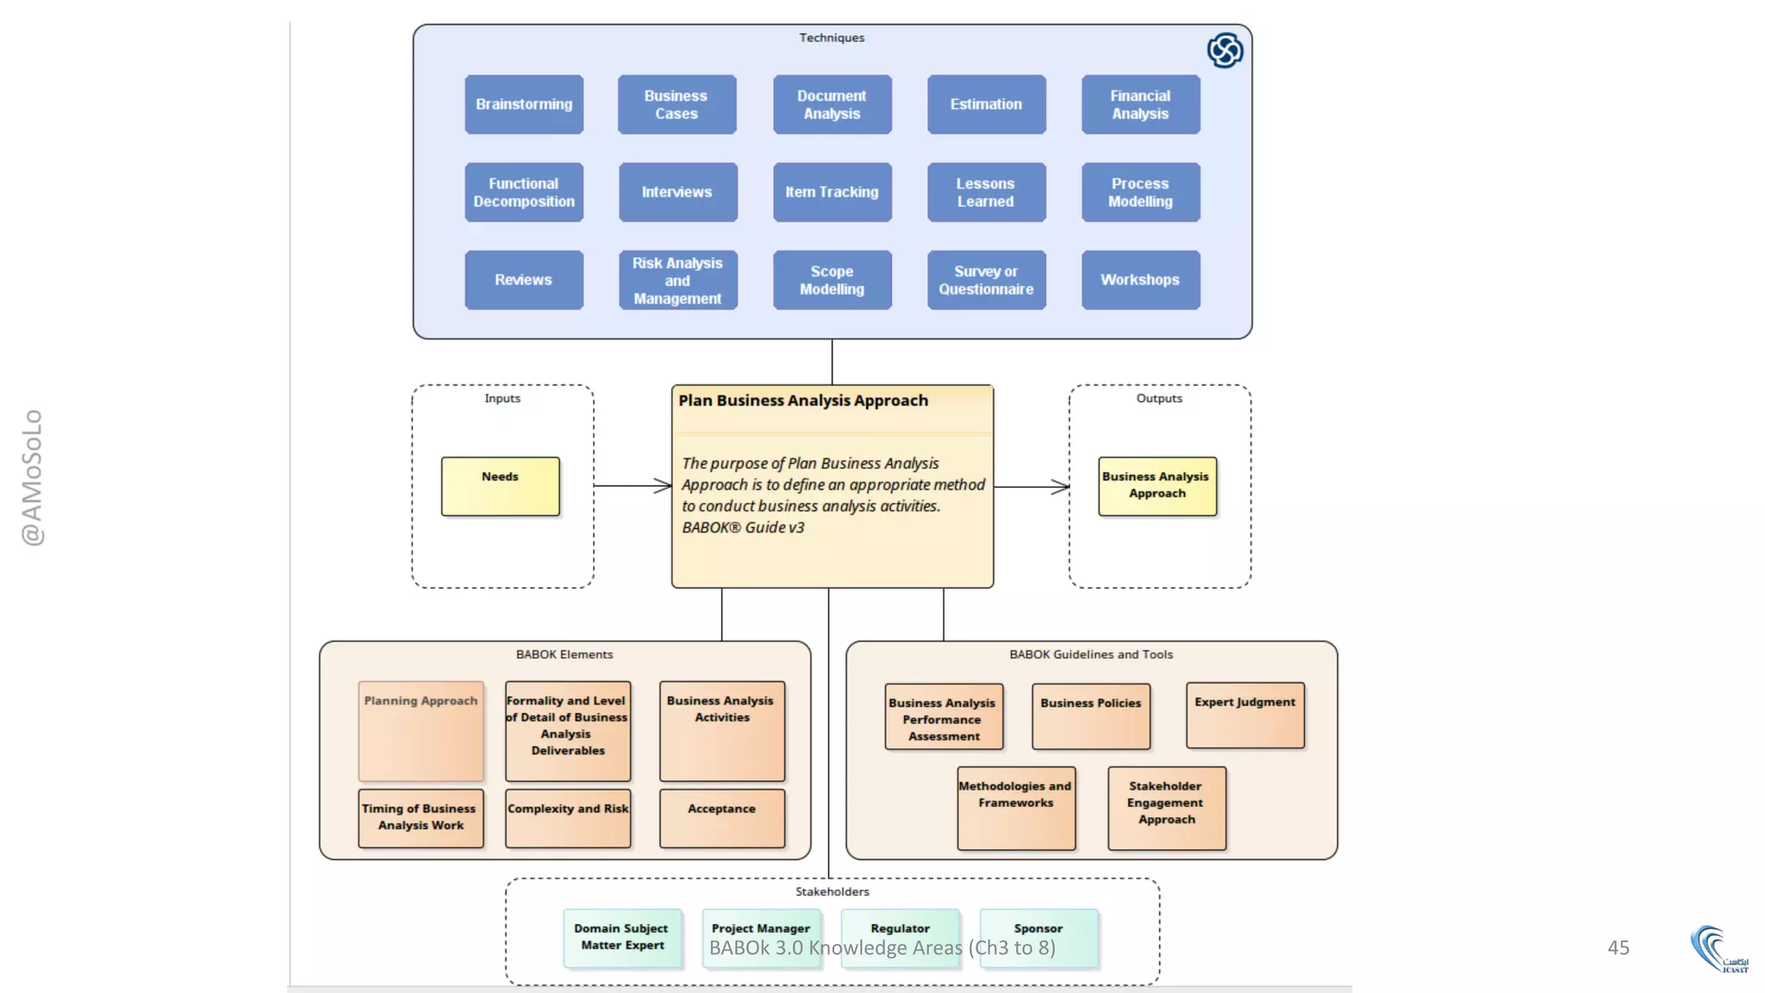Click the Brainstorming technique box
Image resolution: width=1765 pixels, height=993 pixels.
524,104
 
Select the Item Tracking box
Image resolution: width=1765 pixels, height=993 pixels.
832,192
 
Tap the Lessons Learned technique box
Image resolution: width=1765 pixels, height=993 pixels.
986,192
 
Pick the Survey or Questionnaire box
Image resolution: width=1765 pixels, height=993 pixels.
986,280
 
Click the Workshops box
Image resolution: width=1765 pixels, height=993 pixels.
1140,280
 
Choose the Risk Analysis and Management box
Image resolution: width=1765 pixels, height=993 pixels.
677,280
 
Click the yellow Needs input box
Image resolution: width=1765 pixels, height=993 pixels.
500,486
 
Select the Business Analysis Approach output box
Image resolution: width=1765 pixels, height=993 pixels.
1157,486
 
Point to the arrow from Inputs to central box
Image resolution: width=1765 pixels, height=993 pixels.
633,486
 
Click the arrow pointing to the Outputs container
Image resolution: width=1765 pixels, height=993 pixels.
1032,487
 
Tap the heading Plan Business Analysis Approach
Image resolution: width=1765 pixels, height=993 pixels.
803,401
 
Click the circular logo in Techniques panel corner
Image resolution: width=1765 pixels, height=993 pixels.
1225,50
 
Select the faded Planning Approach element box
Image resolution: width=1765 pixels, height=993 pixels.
421,731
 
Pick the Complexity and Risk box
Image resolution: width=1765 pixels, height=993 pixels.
568,818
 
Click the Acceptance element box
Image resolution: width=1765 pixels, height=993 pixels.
722,818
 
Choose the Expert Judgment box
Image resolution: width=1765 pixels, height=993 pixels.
1244,715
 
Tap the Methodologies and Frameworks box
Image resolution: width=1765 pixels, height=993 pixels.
1015,808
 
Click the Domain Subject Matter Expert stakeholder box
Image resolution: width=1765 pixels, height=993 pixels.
621,938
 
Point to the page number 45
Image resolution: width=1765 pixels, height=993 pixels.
1618,947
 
